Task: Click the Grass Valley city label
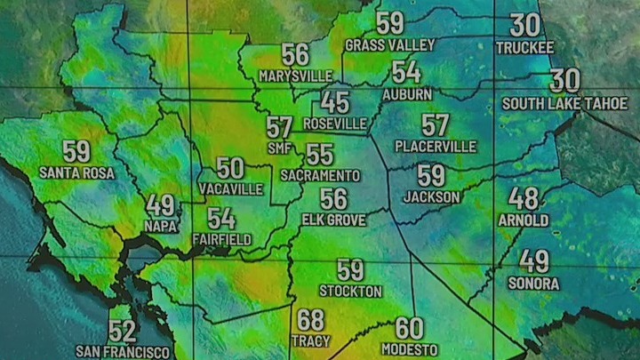point(389,44)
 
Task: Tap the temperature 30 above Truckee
point(524,26)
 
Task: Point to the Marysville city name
point(296,76)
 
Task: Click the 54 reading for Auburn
point(406,72)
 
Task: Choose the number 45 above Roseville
point(335,102)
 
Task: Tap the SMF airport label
point(279,147)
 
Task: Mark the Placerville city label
point(436,146)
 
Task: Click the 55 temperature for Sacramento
point(320,155)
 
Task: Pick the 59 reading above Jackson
point(431,176)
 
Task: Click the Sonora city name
point(533,284)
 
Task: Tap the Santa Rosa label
point(76,172)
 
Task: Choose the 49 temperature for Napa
point(161,205)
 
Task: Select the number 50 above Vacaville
point(231,167)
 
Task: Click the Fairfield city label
point(221,239)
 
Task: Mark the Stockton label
point(351,291)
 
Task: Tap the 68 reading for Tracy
point(310,320)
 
